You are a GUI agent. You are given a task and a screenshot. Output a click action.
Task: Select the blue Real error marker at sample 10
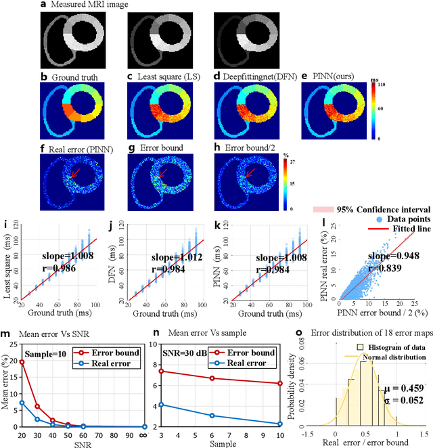click(x=279, y=424)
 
